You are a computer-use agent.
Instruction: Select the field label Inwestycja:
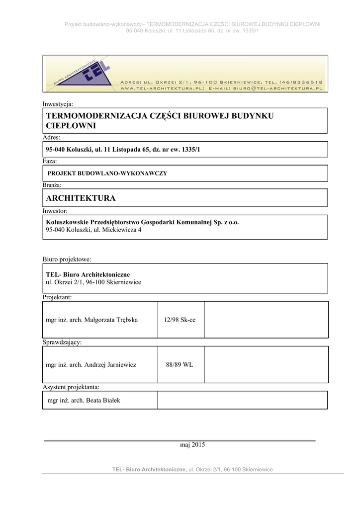tap(58, 104)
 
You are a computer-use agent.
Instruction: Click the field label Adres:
tap(52, 137)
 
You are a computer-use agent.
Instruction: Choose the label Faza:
tap(50, 161)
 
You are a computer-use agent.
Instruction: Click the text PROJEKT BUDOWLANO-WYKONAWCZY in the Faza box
tap(107, 173)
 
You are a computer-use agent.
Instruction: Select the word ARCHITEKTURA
tap(81, 198)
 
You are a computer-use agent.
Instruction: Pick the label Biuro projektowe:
tap(67, 259)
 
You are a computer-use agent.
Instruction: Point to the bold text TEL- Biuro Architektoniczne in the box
tap(88, 274)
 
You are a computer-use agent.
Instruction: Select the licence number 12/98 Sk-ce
tap(180, 320)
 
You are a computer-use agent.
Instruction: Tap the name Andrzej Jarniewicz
tap(110, 364)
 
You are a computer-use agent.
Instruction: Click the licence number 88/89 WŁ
tap(180, 364)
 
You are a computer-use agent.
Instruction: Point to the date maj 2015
tap(192, 445)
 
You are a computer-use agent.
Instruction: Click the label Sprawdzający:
tap(62, 342)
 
